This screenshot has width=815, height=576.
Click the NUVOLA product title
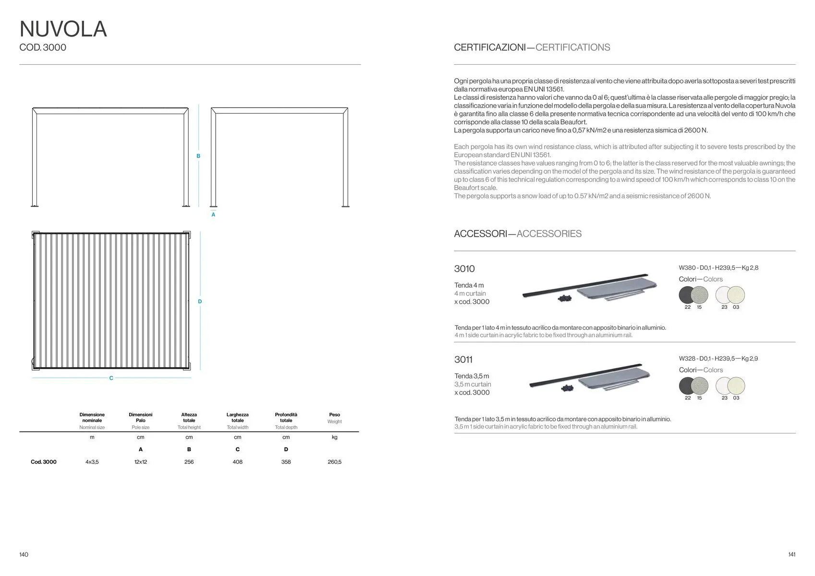point(63,29)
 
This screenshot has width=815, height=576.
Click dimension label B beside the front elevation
point(198,156)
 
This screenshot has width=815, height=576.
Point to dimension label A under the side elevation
point(213,215)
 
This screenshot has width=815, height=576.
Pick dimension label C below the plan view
point(111,378)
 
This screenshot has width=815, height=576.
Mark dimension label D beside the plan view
point(200,301)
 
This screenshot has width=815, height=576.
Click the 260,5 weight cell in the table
point(334,462)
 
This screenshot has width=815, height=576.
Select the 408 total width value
point(237,462)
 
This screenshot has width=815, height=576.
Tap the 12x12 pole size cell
point(140,462)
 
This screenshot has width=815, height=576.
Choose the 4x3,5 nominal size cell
point(92,462)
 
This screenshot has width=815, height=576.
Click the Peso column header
point(334,415)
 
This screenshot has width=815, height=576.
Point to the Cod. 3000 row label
point(43,462)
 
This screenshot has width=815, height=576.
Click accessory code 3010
point(464,269)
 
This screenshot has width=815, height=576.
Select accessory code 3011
point(463,360)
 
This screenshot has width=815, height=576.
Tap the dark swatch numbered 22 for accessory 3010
point(687,295)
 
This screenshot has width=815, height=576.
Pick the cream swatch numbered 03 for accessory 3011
point(736,386)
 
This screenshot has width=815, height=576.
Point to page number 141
point(791,554)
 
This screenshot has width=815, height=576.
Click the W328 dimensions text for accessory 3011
point(718,359)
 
